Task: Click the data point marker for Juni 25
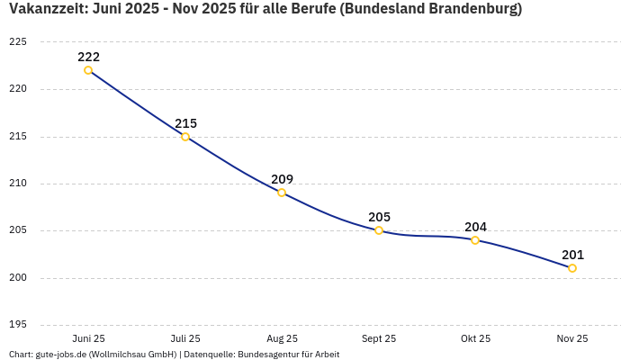pyautogui.click(x=88, y=70)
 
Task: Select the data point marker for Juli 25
pyautogui.click(x=185, y=137)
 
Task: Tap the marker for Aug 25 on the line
pyautogui.click(x=282, y=193)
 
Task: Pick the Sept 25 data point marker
pyautogui.click(x=379, y=230)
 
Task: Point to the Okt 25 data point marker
pyautogui.click(x=475, y=240)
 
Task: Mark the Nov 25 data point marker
pyautogui.click(x=572, y=268)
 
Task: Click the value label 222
pyautogui.click(x=88, y=57)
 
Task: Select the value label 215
pyautogui.click(x=185, y=123)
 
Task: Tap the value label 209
pyautogui.click(x=282, y=179)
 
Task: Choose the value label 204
pyautogui.click(x=475, y=227)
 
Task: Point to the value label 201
pyautogui.click(x=572, y=255)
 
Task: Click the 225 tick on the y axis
pyautogui.click(x=18, y=42)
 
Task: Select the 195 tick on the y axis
pyautogui.click(x=18, y=324)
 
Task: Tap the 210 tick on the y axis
pyautogui.click(x=18, y=184)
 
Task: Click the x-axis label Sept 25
pyautogui.click(x=379, y=338)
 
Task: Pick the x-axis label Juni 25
pyautogui.click(x=88, y=338)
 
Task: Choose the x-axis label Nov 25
pyautogui.click(x=572, y=338)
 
